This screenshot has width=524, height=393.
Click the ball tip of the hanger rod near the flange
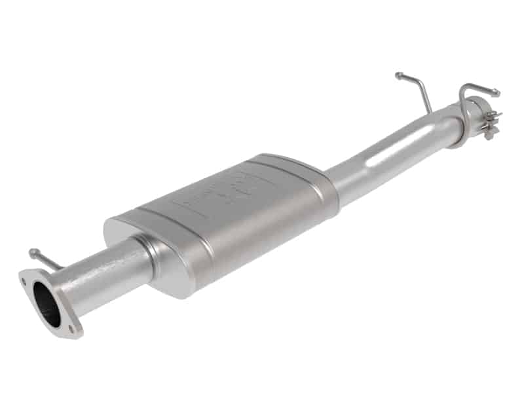pos(32,252)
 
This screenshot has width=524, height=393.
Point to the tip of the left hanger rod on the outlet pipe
pos(398,75)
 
